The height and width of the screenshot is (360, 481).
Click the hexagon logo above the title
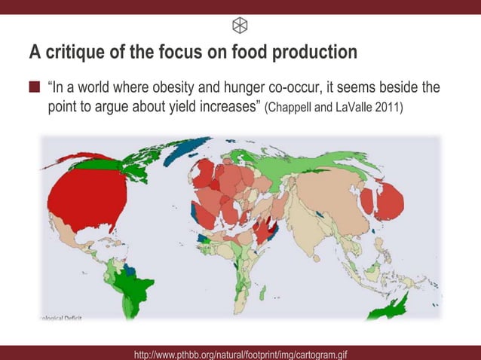[x=240, y=25]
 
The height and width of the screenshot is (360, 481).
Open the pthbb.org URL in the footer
[x=240, y=353]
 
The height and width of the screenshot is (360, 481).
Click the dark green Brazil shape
[x=142, y=290]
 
